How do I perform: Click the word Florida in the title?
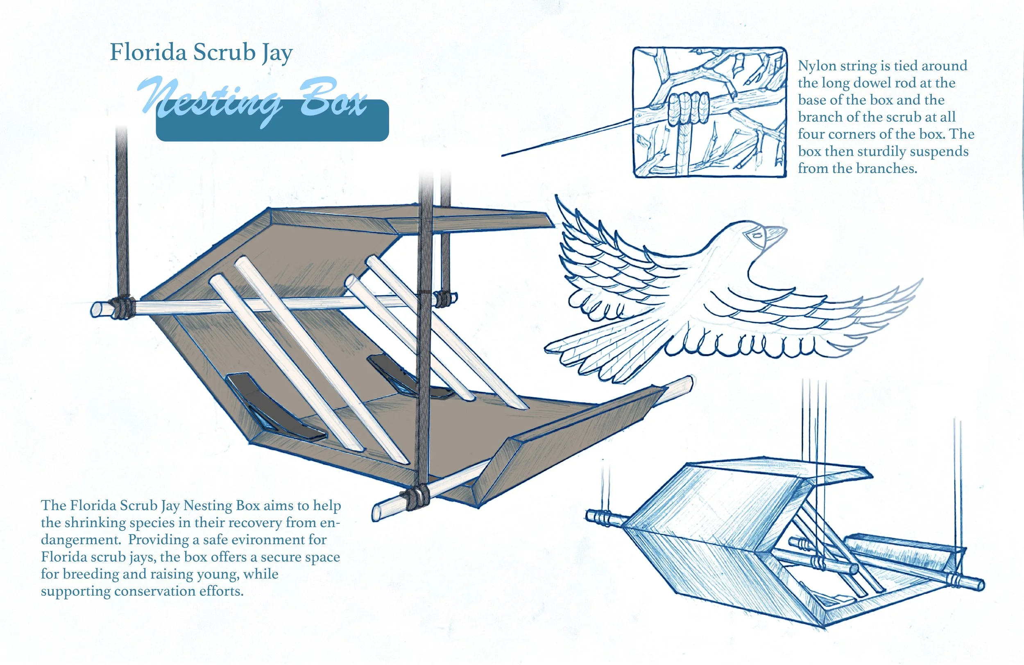[148, 52]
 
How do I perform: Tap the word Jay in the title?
[277, 54]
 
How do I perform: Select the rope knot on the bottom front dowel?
[415, 498]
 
